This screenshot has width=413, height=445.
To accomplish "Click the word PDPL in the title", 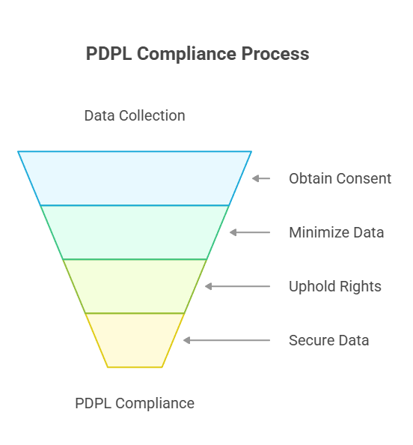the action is (x=108, y=53).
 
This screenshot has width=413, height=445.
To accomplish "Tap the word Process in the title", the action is (x=275, y=53).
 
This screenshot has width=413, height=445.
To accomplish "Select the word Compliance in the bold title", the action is (x=186, y=54).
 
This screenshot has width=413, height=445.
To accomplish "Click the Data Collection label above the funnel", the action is (x=135, y=115).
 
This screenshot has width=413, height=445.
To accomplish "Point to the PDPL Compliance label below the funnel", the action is (x=135, y=403).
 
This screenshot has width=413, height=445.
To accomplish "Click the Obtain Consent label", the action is (x=340, y=178).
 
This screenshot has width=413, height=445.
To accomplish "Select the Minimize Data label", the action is (x=337, y=232).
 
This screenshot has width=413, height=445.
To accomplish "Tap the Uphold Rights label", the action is (x=335, y=286).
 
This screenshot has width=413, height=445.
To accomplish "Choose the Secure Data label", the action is (x=328, y=340).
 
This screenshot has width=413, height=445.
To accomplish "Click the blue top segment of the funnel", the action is (x=135, y=178).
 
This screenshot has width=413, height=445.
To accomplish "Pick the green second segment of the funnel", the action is (x=135, y=232).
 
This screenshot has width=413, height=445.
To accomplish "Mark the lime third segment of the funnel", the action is (x=135, y=286).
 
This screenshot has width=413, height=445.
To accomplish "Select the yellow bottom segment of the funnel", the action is (x=135, y=340).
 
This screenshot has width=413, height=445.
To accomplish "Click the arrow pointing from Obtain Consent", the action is (x=261, y=178).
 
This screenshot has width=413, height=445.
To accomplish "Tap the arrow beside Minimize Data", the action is (x=250, y=232).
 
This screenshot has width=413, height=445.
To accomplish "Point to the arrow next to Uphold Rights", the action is (x=237, y=286).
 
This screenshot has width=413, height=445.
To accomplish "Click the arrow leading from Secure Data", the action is (x=227, y=340).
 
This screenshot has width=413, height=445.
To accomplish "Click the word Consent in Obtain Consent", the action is (x=364, y=178).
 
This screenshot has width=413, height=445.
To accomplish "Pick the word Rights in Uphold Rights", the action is (x=361, y=286).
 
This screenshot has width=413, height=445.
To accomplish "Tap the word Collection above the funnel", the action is (x=152, y=115).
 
